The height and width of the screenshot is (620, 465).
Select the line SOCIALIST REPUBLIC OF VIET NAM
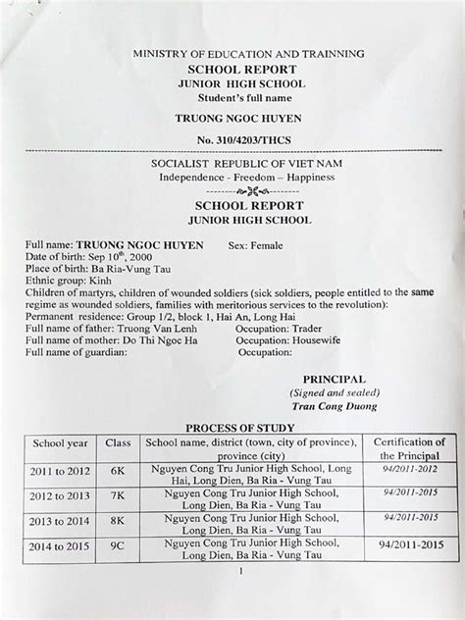pos(247,162)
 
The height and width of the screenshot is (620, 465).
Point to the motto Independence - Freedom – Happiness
pos(247,177)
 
